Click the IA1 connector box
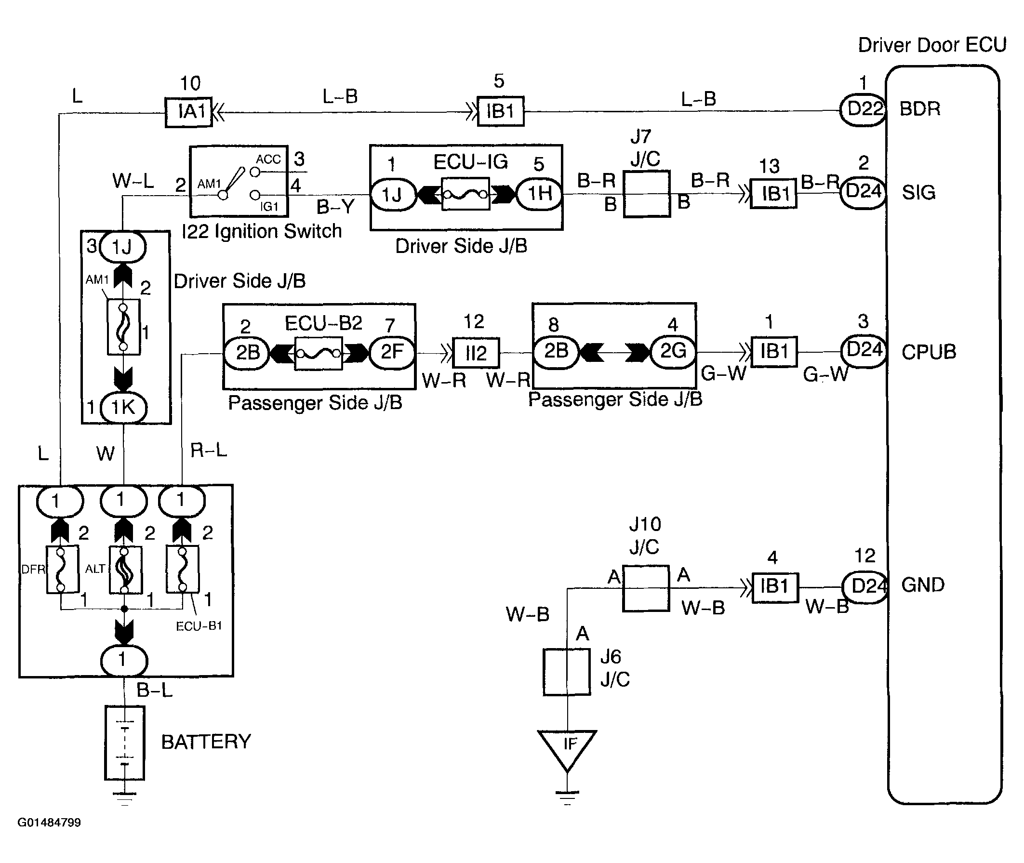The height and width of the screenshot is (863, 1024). point(189,113)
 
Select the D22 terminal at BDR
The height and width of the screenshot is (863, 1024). point(864,109)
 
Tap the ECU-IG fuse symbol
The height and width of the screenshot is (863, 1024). point(465,194)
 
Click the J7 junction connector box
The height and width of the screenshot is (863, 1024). point(646,194)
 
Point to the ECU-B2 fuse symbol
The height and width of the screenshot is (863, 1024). point(318,353)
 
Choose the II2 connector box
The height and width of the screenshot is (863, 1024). point(476,352)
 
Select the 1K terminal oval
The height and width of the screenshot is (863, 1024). point(123,408)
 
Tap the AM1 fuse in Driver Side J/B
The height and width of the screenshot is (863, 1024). point(123,327)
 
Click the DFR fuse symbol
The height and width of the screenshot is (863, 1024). point(62,570)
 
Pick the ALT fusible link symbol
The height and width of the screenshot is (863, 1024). point(125,570)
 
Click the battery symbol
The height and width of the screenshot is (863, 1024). point(125,743)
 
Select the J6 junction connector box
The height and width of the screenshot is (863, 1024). point(567,672)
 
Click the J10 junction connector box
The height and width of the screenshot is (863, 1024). point(646,588)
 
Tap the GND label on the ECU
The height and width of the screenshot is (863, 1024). point(923,585)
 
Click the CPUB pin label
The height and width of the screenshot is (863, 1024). point(929,352)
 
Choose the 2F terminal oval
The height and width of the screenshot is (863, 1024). point(392,352)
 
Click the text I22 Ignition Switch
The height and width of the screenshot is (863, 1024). point(262,231)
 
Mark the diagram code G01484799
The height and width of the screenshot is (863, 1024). point(50,823)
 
